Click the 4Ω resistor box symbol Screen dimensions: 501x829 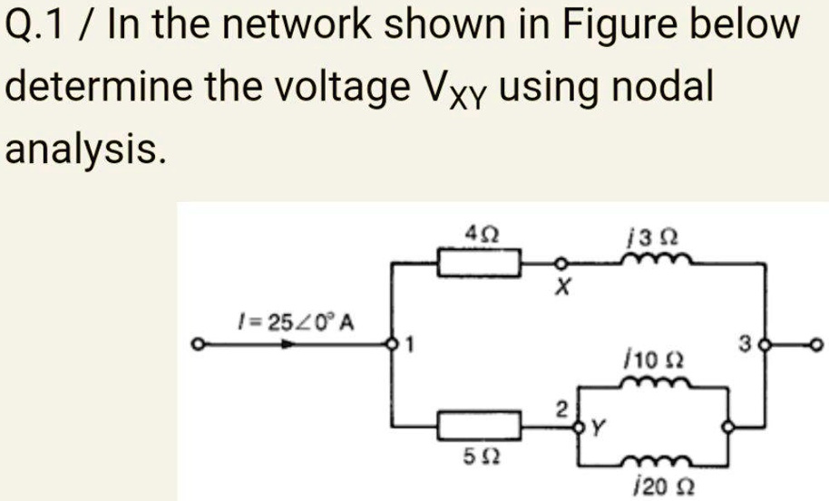click(x=480, y=265)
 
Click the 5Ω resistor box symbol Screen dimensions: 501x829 click(x=480, y=424)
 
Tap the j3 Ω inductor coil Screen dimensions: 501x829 click(x=657, y=260)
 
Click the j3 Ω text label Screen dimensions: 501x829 click(x=657, y=237)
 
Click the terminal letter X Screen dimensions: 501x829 click(x=562, y=291)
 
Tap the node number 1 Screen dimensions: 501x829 click(x=410, y=344)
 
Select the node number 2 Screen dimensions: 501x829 click(x=563, y=408)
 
